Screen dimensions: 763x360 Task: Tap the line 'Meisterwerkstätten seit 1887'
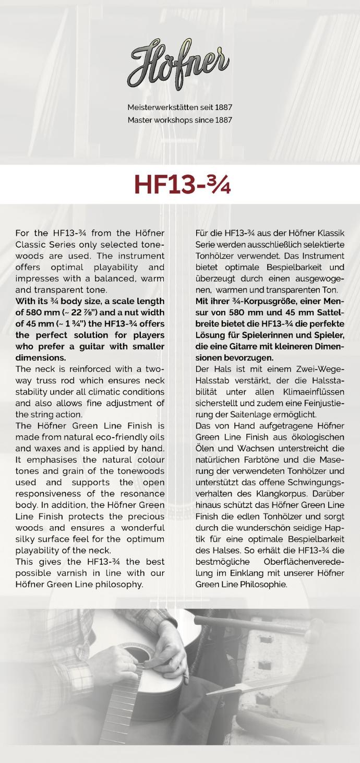click(x=180, y=107)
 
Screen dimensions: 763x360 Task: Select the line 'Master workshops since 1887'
click(x=180, y=120)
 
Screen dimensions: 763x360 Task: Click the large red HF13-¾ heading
click(x=182, y=185)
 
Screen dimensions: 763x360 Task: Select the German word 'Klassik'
click(x=328, y=233)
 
